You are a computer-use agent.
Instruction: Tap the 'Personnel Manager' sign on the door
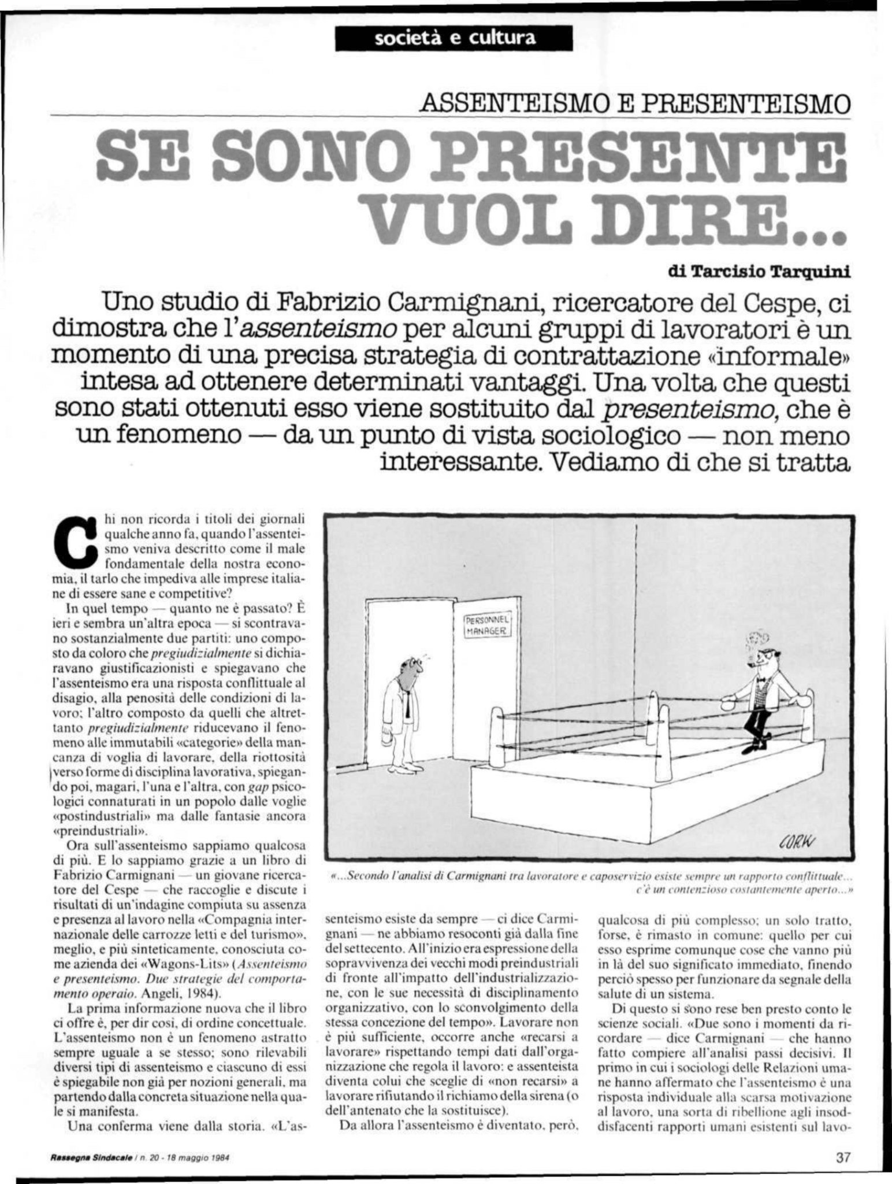click(x=487, y=626)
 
